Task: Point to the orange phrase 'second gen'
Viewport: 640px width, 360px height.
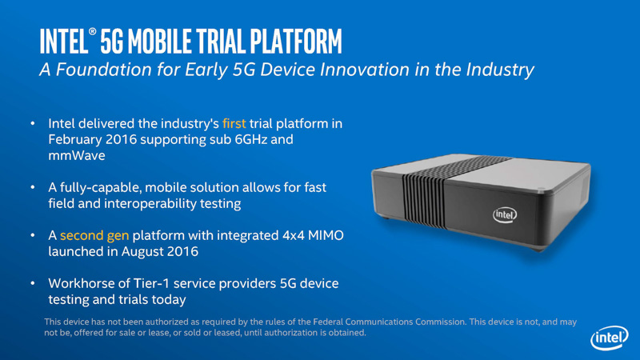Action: [94, 236]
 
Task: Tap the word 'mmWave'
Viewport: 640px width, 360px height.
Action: [71, 156]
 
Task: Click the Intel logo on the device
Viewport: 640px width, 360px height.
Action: [504, 214]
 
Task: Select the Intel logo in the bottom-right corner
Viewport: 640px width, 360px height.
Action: [607, 339]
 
